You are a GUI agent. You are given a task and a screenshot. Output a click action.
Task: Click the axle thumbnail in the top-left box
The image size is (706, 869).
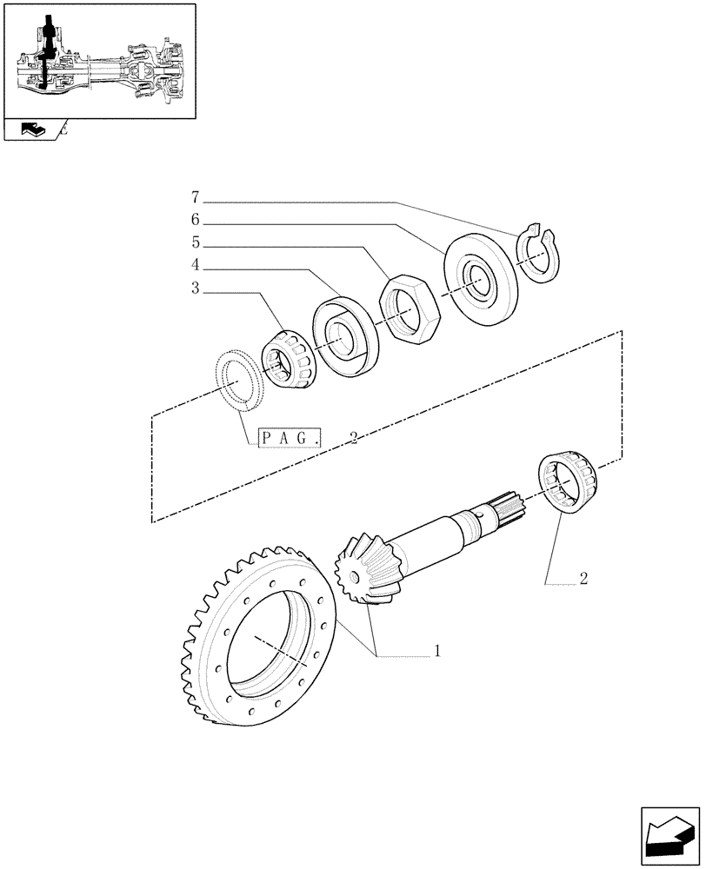[99, 60]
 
